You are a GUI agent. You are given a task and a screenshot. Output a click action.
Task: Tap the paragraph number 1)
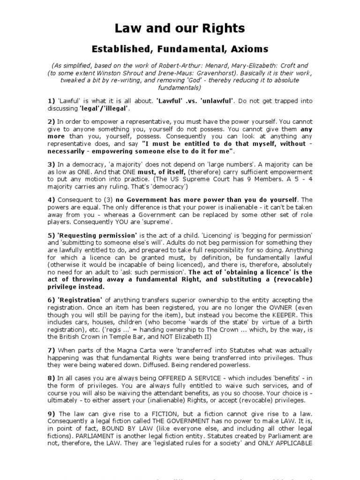coord(51,101)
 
